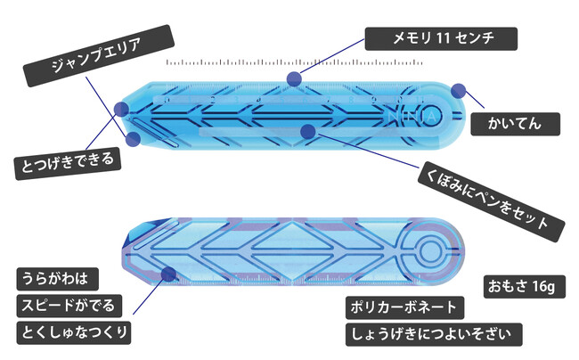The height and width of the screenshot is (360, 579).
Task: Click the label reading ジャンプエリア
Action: coord(98,55)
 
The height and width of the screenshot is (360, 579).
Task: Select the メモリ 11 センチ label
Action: coord(441,38)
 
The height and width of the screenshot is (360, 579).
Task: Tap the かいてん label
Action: coord(515,124)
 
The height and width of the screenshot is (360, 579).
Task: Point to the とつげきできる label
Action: coord(68,163)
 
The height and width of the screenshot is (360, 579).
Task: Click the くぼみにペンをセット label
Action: coord(491,201)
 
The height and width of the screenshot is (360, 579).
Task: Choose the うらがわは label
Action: coord(58,279)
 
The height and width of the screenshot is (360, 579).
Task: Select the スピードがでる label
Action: coord(69,306)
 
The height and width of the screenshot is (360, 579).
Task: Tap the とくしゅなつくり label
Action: coord(74,332)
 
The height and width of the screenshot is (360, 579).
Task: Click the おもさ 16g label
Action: coord(525,287)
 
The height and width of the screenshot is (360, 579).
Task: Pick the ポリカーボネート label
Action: coord(404,307)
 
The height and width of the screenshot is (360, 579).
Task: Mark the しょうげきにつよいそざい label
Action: coord(434,334)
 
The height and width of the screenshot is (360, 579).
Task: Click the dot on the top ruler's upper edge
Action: coord(294,78)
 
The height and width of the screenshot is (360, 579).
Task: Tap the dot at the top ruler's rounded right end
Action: coord(458,91)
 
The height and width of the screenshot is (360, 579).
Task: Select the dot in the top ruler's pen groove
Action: coord(308,132)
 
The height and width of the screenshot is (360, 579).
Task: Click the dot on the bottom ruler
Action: coord(168,274)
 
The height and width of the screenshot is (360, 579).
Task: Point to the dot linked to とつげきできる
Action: coord(121,110)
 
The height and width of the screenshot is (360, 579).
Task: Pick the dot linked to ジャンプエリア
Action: coord(133,139)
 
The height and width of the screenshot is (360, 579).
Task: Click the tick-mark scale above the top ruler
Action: coord(295,62)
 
